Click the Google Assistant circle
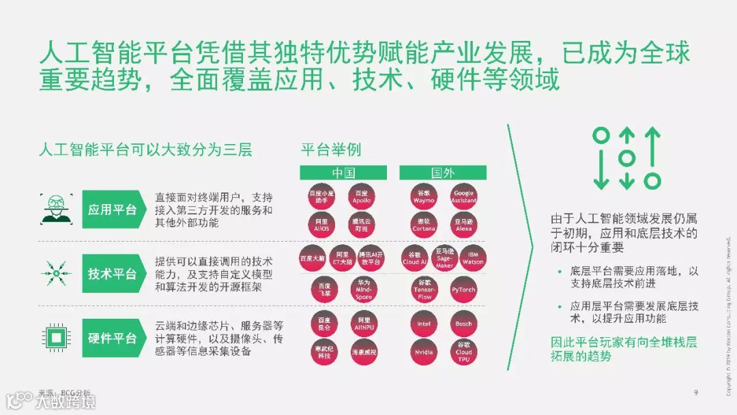[463, 197]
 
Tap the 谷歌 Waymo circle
[424, 197]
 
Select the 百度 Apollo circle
[362, 197]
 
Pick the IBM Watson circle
[473, 257]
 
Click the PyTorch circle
[463, 289]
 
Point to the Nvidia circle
[424, 352]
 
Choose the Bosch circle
[463, 323]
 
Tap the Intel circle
[424, 323]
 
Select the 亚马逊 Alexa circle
[463, 225]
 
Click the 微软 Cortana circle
[424, 225]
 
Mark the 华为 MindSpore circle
[364, 289]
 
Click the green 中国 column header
[343, 173]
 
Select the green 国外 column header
[443, 173]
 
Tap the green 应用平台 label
[112, 209]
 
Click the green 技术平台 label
[112, 274]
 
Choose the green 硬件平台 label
[112, 338]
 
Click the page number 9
[695, 392]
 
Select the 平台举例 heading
[331, 149]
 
